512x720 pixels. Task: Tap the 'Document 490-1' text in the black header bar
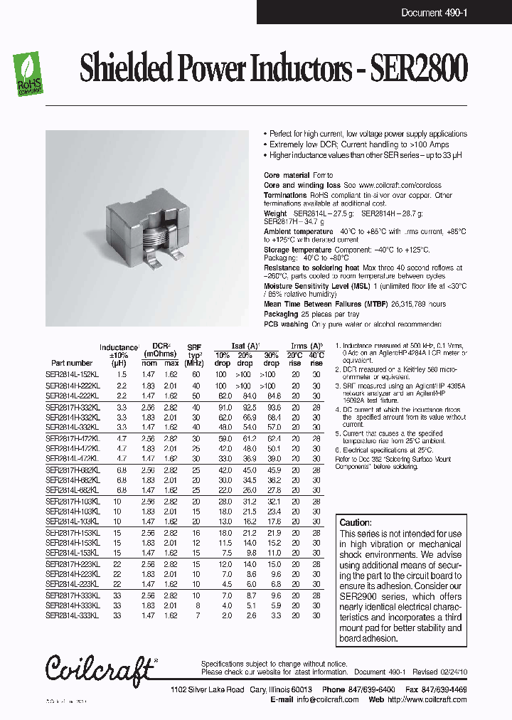click(x=432, y=13)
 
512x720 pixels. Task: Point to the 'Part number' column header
click(x=72, y=363)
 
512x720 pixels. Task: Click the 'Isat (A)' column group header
click(x=247, y=346)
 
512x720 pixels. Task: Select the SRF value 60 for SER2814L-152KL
click(x=195, y=374)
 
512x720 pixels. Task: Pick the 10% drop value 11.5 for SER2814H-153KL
click(x=223, y=543)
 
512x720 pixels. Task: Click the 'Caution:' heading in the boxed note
click(x=355, y=523)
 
